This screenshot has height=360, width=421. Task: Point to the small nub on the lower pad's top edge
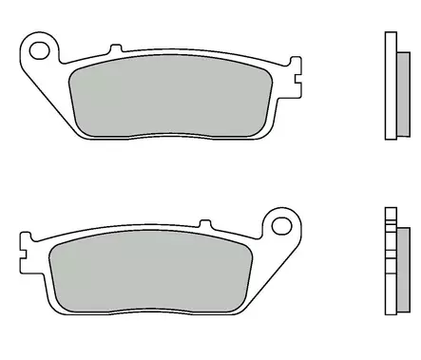coord(208,226)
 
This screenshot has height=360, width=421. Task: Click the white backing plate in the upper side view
coord(389,85)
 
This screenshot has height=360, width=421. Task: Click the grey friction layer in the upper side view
coord(402,85)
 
